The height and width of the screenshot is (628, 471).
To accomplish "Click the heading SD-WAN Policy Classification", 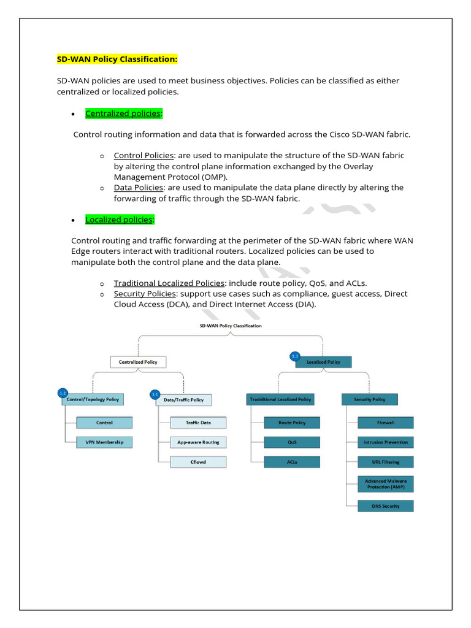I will click(x=117, y=59).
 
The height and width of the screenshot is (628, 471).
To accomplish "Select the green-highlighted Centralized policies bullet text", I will click(x=123, y=113).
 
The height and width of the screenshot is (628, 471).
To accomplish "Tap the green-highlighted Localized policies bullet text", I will click(x=120, y=220).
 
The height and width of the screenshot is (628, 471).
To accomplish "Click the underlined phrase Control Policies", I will click(x=144, y=155).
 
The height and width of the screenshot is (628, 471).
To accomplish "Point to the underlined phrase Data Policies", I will click(x=139, y=187).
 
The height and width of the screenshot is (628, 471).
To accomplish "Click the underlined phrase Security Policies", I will click(x=145, y=294).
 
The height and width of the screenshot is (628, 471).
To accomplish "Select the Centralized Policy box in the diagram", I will click(x=138, y=362).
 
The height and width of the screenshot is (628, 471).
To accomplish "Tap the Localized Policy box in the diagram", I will click(x=324, y=362).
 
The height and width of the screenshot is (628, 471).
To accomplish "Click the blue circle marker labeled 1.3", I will click(x=294, y=356).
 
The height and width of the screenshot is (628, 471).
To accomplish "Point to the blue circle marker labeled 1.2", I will click(x=62, y=392).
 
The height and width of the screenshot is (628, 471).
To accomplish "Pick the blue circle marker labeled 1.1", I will click(x=155, y=394).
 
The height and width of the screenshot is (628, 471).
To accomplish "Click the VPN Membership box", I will click(x=104, y=442).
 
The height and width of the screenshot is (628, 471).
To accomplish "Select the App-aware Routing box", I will click(x=198, y=442).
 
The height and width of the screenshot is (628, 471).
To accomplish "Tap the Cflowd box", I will click(x=198, y=461).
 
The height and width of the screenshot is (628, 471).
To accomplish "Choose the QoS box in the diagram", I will click(x=292, y=442).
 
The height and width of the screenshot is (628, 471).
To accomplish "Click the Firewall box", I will click(x=386, y=423).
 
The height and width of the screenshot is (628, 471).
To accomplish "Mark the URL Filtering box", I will click(x=386, y=461).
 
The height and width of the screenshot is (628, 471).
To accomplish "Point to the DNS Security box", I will click(x=386, y=506).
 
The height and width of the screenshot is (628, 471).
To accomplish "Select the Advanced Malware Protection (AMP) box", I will click(x=386, y=483).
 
